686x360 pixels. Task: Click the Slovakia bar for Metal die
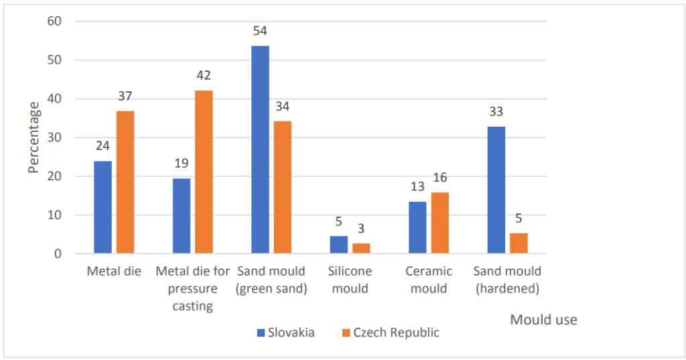[102, 207]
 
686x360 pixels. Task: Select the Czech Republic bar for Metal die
[125, 182]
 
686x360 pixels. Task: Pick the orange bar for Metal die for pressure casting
[204, 172]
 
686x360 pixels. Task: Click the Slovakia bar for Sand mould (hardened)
[496, 190]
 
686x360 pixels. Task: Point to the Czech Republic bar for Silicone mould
[361, 249]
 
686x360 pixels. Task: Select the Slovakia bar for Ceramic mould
[417, 228]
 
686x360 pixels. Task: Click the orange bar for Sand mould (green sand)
[283, 188]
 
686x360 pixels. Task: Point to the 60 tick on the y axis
[54, 21]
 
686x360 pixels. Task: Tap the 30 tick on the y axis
[54, 137]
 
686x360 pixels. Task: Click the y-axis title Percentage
[34, 137]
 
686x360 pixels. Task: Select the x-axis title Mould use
[543, 320]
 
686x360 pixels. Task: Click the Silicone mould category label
[350, 280]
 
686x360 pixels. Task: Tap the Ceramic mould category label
[428, 280]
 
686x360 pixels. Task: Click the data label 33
[496, 112]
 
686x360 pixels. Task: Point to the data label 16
[439, 178]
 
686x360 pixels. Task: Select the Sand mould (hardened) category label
[507, 280]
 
